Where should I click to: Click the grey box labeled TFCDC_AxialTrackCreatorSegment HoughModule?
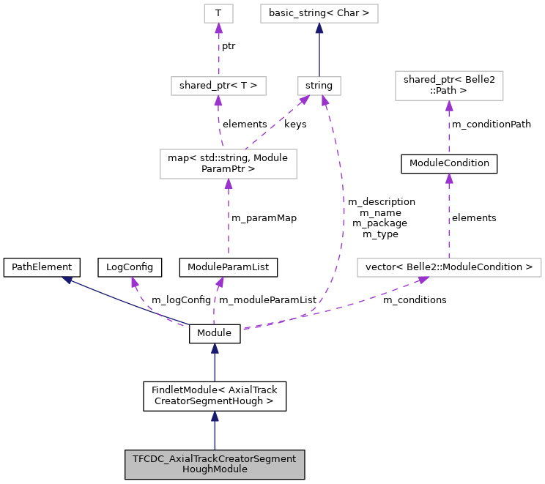(x=214, y=464)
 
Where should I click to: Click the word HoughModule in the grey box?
(x=214, y=469)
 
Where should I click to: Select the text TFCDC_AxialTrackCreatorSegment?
(x=214, y=459)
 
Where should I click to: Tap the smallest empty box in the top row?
(x=218, y=13)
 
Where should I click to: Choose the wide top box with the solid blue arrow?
(x=319, y=13)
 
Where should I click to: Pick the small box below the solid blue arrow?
(x=319, y=86)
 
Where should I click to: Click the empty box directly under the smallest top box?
(x=218, y=86)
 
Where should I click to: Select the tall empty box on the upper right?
(x=449, y=86)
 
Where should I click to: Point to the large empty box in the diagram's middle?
(x=229, y=164)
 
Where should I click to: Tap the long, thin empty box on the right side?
(x=449, y=268)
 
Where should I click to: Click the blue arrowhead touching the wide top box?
(x=319, y=29)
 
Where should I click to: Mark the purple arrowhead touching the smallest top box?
(x=218, y=29)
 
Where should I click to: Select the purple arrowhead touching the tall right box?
(x=449, y=106)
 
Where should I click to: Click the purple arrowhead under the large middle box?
(x=229, y=185)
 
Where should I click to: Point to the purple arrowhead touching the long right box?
(x=423, y=280)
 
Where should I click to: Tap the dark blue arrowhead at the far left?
(x=67, y=280)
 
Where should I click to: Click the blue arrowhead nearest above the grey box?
(x=215, y=417)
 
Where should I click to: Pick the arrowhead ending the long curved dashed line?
(x=325, y=100)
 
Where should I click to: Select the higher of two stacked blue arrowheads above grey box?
(x=215, y=349)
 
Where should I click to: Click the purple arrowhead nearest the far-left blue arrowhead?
(x=135, y=282)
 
